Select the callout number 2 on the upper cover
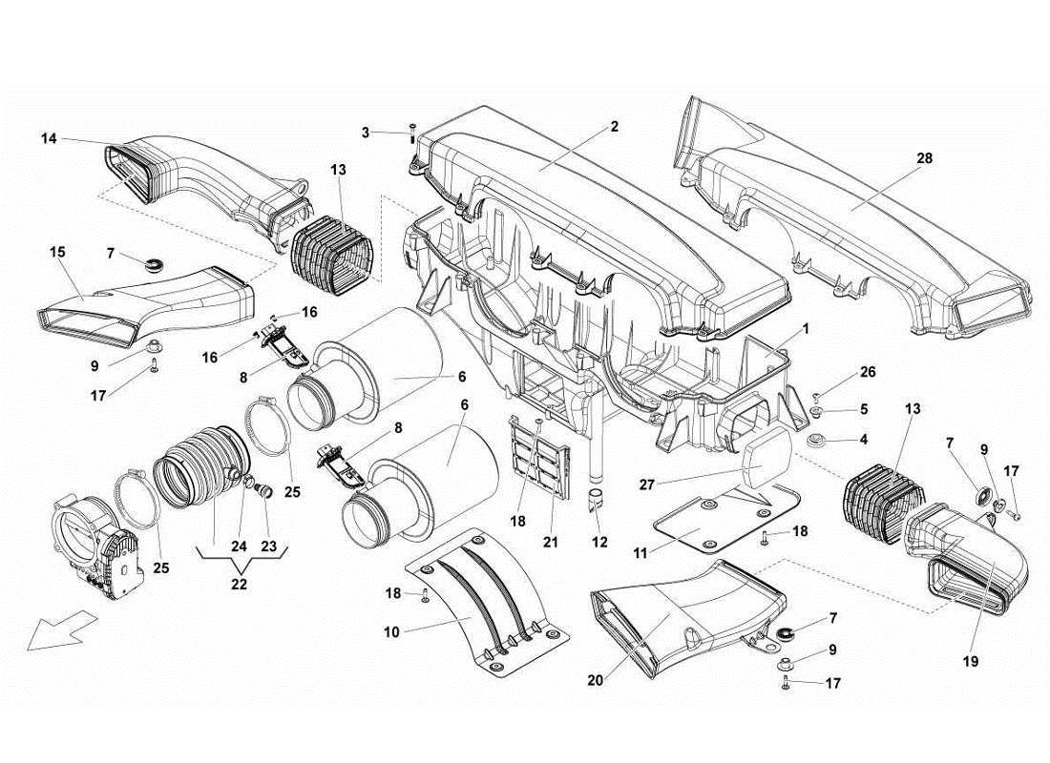[614, 126]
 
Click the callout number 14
[49, 139]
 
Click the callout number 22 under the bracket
[239, 584]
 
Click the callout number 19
[972, 659]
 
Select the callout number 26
[867, 372]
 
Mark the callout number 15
[56, 252]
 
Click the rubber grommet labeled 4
[817, 442]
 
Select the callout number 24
[237, 547]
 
